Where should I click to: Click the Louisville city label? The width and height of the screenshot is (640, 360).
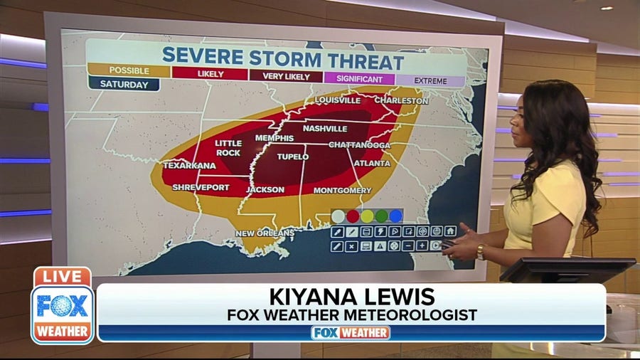click(x=338, y=100)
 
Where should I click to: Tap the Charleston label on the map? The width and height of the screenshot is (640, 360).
click(x=401, y=101)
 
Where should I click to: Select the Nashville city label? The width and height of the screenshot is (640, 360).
click(x=325, y=129)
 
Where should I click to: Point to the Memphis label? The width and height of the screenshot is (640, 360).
click(x=274, y=138)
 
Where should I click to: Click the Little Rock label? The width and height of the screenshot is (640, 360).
click(x=228, y=148)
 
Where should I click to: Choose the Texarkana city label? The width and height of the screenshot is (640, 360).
click(x=189, y=166)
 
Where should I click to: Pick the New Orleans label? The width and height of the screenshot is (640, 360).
click(x=265, y=233)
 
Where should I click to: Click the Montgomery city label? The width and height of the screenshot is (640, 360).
click(x=342, y=191)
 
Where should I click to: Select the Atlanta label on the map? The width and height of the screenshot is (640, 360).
click(x=372, y=163)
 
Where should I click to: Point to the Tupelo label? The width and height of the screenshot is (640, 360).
click(x=293, y=157)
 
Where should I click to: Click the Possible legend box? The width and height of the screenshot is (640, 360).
click(x=129, y=71)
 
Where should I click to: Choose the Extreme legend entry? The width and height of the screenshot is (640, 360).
click(x=430, y=81)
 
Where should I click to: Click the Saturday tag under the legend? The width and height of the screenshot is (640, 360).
click(x=124, y=84)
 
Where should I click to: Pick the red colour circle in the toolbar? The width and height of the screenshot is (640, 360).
click(x=353, y=216)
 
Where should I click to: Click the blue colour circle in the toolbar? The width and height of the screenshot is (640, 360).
click(x=395, y=216)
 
